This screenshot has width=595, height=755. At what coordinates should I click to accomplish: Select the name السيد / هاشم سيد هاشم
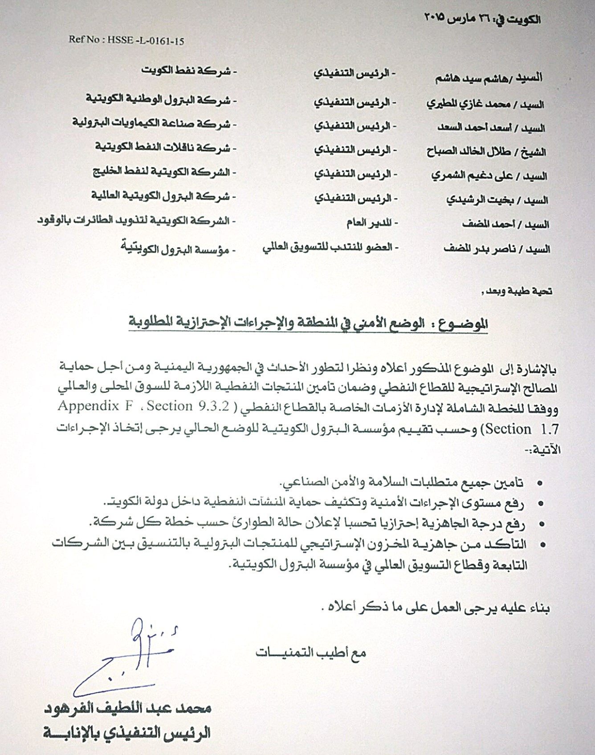(x=489, y=78)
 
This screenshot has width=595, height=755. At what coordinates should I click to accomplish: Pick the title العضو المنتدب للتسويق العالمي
(x=329, y=247)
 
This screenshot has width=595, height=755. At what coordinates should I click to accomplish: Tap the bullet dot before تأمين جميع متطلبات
(x=541, y=483)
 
